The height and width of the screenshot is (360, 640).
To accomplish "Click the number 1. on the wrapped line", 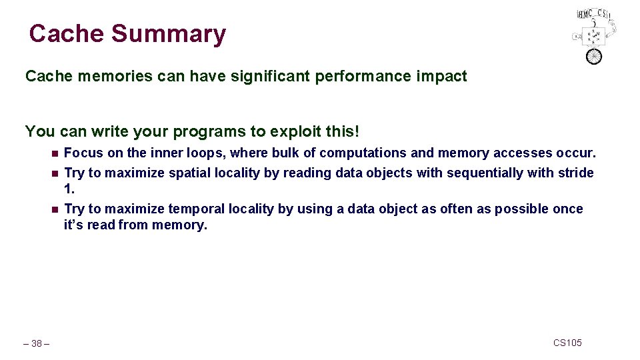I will coord(69,189).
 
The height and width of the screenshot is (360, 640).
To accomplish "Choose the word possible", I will coord(522,209).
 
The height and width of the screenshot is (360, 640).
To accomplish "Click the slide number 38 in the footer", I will coord(37,344).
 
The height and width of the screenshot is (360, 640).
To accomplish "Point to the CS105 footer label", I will coord(567,343).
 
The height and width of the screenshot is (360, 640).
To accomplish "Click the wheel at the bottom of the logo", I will coord(593,56).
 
